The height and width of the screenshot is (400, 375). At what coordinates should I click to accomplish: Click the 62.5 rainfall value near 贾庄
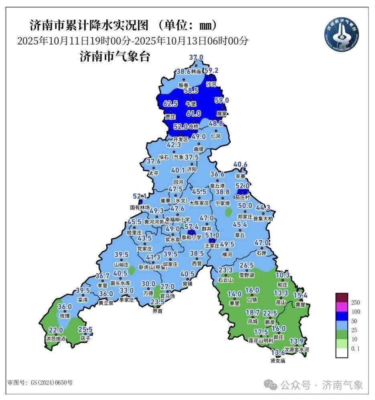tap(170, 104)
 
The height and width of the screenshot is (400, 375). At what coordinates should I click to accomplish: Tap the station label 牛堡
tap(191, 103)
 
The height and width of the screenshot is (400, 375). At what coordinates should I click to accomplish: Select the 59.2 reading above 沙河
tap(211, 70)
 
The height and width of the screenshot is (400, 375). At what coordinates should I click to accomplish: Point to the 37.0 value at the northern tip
tap(197, 57)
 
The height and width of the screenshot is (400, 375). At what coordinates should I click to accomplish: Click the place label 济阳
tap(192, 169)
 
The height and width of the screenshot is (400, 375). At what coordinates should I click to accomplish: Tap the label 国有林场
tap(140, 207)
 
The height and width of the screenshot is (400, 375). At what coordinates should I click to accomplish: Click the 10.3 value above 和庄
tap(283, 275)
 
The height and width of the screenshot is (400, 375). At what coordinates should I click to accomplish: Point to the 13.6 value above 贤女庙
tap(278, 353)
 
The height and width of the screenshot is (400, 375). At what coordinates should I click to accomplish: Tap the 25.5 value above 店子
tap(85, 330)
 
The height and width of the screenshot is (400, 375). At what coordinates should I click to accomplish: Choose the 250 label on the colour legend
tap(355, 302)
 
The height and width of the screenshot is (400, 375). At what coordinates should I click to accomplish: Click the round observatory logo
tap(341, 33)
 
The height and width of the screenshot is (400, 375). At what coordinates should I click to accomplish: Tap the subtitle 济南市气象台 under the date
tap(115, 56)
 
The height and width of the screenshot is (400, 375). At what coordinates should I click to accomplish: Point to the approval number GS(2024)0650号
tap(40, 382)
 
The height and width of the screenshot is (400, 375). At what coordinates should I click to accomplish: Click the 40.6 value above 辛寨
tap(240, 164)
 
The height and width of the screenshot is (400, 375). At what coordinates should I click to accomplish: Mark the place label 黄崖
tap(300, 304)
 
